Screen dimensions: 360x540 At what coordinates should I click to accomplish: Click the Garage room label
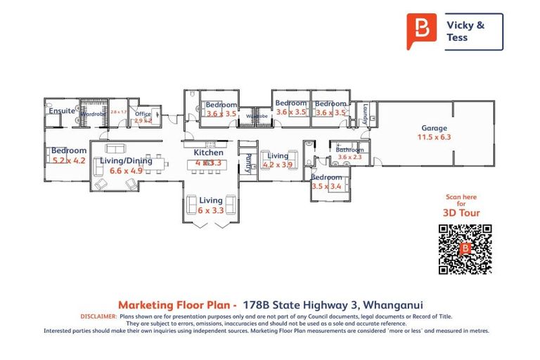pos(435,128)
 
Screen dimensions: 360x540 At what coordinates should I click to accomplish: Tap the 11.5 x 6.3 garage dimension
pos(435,137)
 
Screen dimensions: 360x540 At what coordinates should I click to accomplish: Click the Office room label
pos(143,114)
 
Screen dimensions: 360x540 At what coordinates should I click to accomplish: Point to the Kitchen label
pos(208,153)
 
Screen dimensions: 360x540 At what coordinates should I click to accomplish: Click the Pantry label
pos(247,163)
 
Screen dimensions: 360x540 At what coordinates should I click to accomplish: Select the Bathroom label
pos(349,150)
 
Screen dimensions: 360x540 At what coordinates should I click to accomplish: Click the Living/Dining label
pos(126,160)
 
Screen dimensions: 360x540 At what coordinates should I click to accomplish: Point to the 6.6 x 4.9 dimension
pos(127,170)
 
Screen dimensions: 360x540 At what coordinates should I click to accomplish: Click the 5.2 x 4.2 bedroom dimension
pos(68,160)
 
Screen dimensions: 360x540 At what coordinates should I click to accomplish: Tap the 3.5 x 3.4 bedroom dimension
pos(326,186)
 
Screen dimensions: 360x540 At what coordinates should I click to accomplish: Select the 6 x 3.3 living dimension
pos(210,210)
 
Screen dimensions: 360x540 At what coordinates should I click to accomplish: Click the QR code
pos(465,249)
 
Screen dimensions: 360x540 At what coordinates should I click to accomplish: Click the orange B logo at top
pos(421,30)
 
